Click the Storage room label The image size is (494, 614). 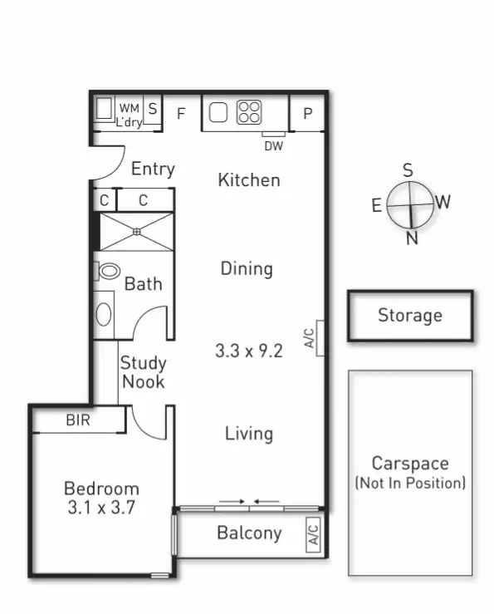click(410, 316)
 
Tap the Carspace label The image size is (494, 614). click(410, 464)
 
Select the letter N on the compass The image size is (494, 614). click(411, 238)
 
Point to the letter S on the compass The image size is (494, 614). click(408, 170)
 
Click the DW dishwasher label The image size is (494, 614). click(273, 146)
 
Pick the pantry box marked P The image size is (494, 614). click(307, 114)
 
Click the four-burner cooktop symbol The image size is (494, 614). click(249, 112)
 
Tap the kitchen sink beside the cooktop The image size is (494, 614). click(218, 112)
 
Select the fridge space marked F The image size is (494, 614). click(181, 114)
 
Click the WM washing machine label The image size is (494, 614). click(128, 108)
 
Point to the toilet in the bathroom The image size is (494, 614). click(109, 271)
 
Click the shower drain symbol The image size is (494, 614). click(137, 232)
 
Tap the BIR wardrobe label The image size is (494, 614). click(79, 420)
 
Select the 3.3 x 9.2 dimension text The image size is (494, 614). click(248, 351)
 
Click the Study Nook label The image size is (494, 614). click(143, 372)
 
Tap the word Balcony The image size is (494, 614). click(249, 533)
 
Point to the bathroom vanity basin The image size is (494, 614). click(105, 314)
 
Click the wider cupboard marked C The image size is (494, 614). click(144, 200)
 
